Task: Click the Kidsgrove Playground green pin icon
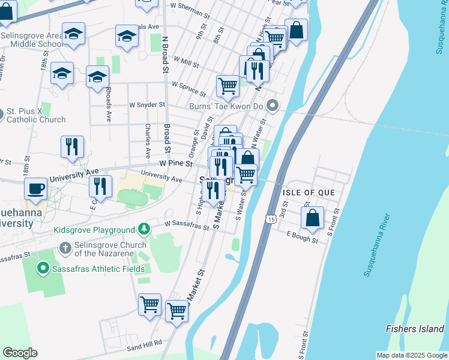pos(143,229)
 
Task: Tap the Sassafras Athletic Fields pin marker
pos(43,268)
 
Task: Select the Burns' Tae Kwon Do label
pos(227,107)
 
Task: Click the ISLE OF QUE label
pos(306,192)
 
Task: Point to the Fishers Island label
pos(415,329)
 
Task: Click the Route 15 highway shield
pos(272,220)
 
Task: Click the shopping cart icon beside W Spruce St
pos(228,86)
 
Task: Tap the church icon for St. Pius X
pos(10,112)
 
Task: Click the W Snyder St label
pos(147,104)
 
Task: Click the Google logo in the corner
pos(20,352)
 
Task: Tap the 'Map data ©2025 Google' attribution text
pos(411,355)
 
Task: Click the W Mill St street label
pos(186,61)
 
